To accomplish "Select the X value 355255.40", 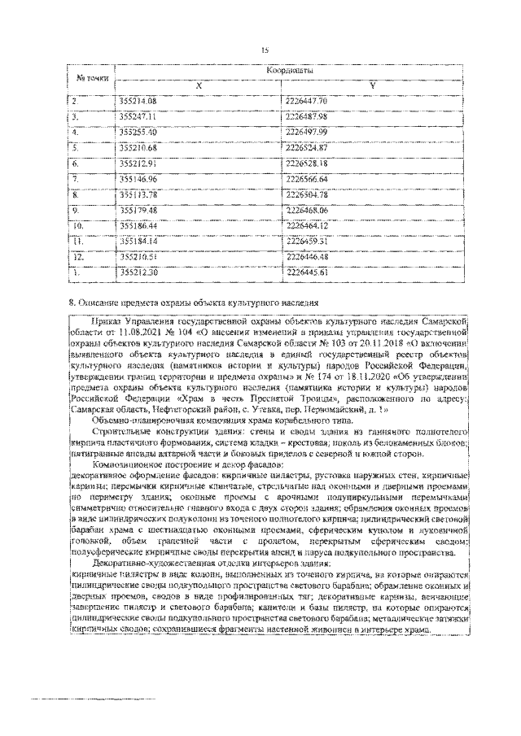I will tap(138, 132).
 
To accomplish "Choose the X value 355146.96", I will tap(138, 178).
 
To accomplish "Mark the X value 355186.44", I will tap(138, 225).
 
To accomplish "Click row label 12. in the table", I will tap(78, 256).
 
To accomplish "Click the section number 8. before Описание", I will tap(72, 303).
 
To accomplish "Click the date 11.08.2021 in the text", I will tap(140, 333).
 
